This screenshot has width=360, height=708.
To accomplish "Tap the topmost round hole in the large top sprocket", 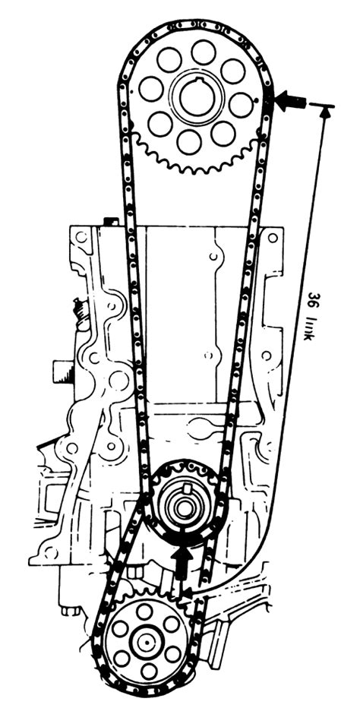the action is pos(204,52).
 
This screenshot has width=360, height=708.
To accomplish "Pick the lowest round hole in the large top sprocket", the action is pos(189,141).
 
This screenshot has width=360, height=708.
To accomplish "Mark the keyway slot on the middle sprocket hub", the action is pos(186,487).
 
